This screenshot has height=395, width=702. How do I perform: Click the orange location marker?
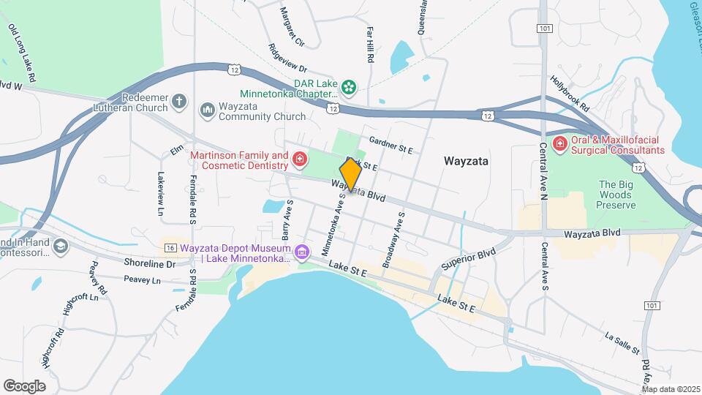click(351, 175)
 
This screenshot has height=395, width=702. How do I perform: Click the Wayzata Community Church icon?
click(207, 109)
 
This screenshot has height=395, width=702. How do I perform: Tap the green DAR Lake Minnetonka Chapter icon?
click(350, 88)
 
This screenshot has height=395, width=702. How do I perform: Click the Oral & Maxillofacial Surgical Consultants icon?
click(561, 143)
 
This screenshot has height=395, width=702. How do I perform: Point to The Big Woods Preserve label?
click(616, 195)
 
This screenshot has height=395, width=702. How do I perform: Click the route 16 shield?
click(170, 247)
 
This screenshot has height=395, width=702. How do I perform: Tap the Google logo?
click(24, 385)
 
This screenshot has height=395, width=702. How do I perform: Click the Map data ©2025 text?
click(671, 389)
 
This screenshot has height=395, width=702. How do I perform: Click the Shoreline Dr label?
click(150, 263)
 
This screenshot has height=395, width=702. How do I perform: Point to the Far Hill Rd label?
click(370, 45)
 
